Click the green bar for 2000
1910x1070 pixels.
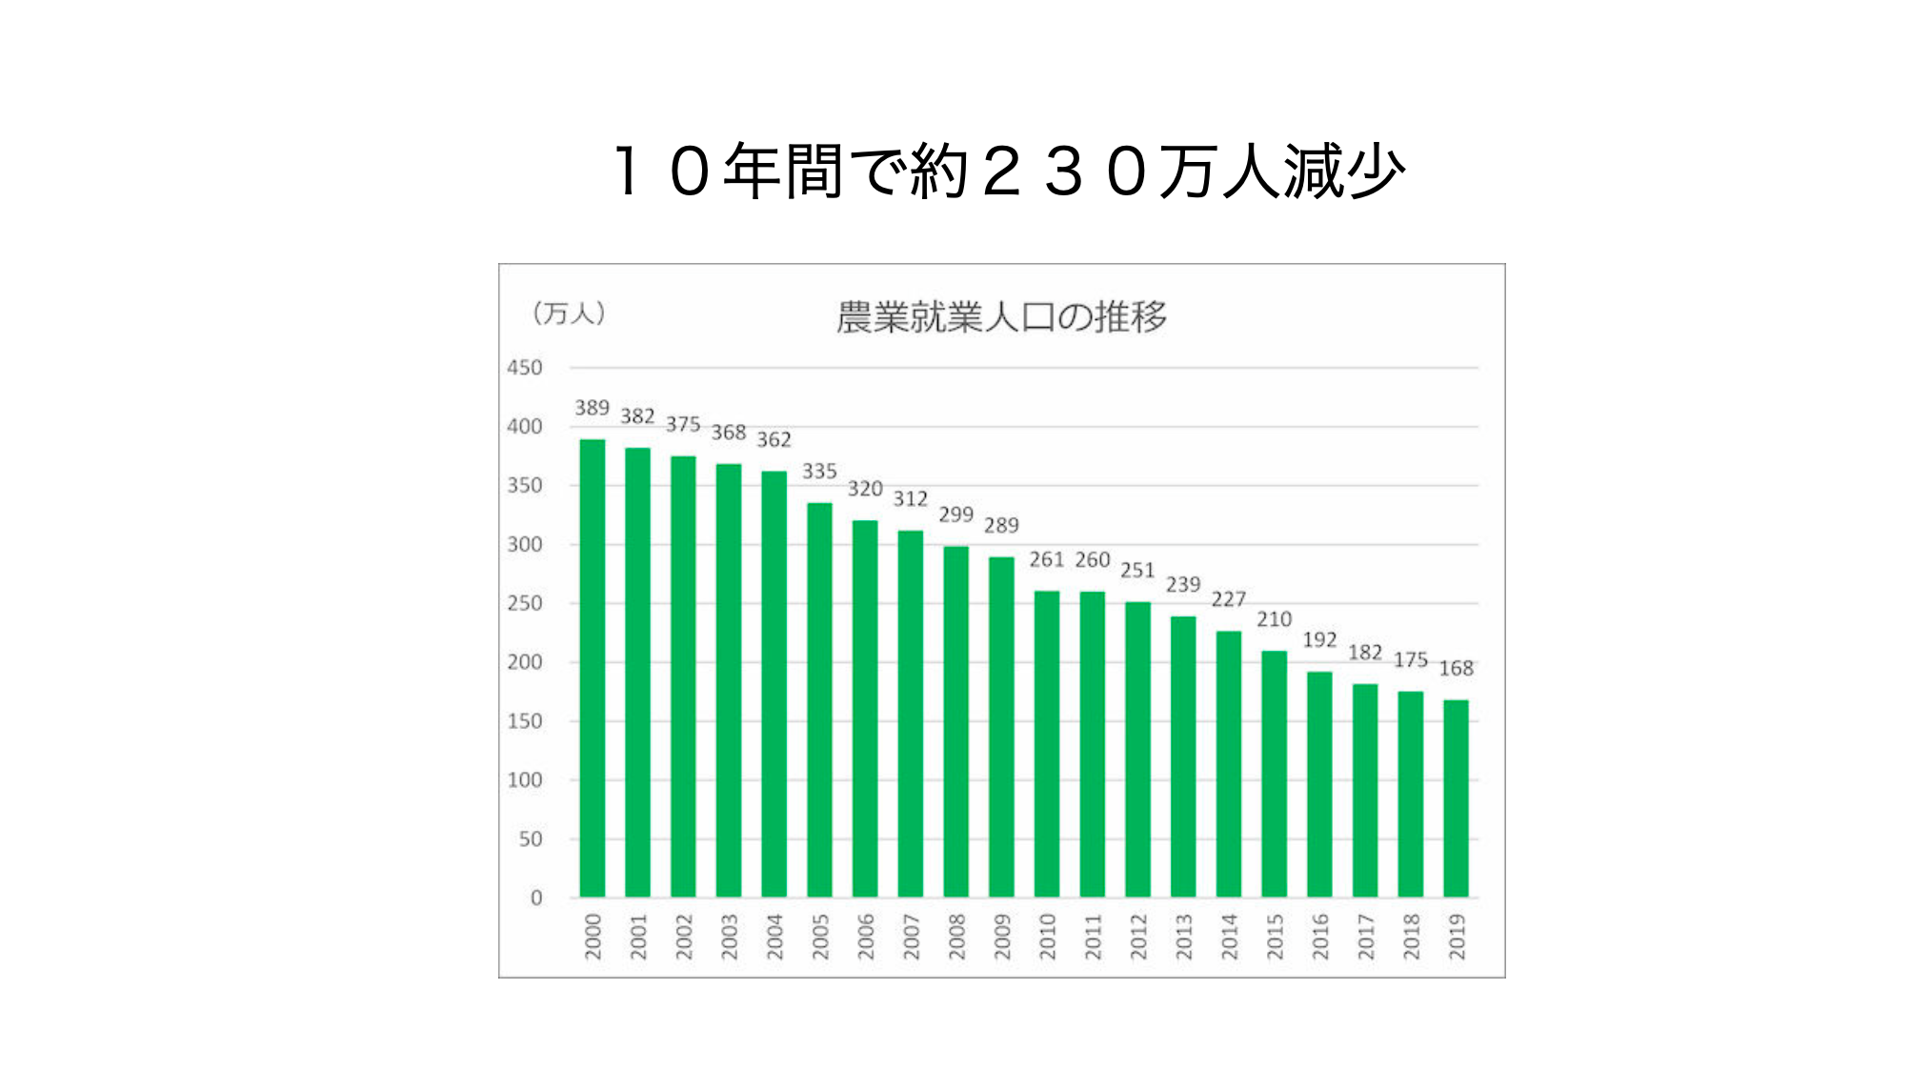click(592, 667)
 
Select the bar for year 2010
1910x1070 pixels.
click(1046, 743)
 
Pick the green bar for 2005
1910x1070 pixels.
click(819, 699)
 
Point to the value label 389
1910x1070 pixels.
click(592, 408)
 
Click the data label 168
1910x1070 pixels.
click(1456, 668)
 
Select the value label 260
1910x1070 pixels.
click(1093, 559)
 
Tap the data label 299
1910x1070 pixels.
click(955, 515)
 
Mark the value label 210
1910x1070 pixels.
click(1274, 619)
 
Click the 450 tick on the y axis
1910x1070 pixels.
click(524, 368)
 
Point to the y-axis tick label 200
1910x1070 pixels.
click(524, 662)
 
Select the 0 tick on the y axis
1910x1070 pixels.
click(535, 898)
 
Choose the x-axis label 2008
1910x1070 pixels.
click(956, 936)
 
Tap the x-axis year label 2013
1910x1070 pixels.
click(1183, 936)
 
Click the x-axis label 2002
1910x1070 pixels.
click(683, 936)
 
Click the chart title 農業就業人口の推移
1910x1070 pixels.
click(1001, 317)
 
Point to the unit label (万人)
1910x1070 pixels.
click(569, 313)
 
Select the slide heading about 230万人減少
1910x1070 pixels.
click(1007, 172)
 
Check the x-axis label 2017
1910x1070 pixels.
click(1365, 936)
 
